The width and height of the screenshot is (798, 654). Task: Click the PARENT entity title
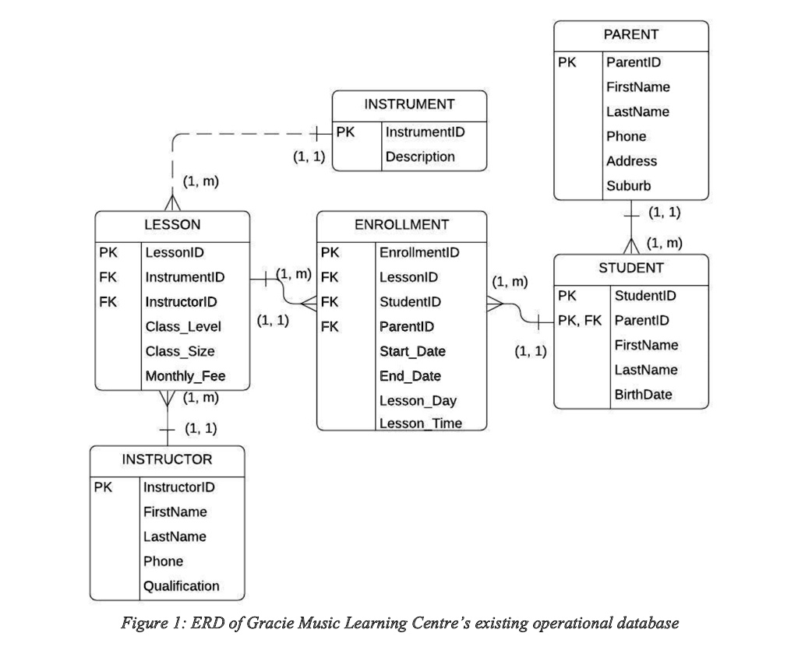tap(630, 35)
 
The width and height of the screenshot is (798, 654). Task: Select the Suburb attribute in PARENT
tap(628, 186)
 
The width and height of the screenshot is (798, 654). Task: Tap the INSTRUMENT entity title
tap(409, 104)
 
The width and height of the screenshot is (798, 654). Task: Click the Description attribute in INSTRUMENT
tap(420, 156)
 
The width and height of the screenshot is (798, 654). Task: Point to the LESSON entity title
tap(172, 225)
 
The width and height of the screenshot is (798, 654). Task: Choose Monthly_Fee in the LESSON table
tap(185, 377)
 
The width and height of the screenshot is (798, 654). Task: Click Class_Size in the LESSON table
tap(180, 352)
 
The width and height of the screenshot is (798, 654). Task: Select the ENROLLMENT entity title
tap(401, 225)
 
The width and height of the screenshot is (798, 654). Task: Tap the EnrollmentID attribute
tap(418, 253)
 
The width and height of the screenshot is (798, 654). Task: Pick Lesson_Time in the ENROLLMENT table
tap(420, 424)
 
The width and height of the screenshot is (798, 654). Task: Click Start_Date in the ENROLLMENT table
tap(412, 352)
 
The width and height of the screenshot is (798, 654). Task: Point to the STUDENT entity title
tap(631, 269)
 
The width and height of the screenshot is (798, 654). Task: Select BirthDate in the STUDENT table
tap(643, 395)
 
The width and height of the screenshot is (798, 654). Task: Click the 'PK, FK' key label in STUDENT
tap(579, 321)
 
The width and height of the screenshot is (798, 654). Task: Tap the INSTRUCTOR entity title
tap(167, 459)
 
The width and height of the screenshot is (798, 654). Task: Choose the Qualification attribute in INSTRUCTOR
tap(182, 586)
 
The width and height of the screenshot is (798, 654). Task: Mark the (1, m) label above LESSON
tap(200, 181)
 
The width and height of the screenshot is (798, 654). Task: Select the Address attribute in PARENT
tap(631, 161)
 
